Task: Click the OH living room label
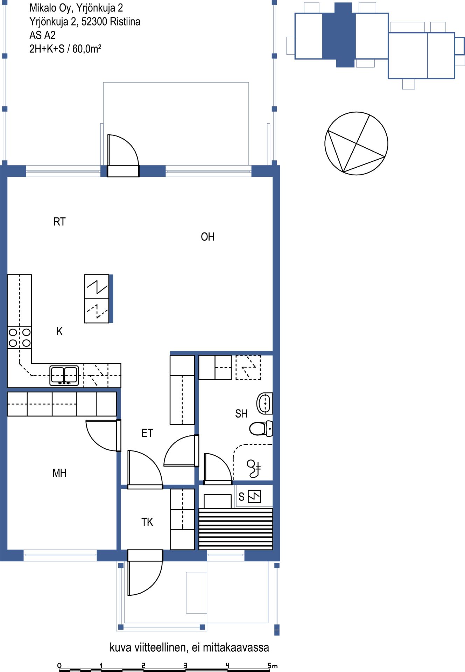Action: tap(207, 237)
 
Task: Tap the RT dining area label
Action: tap(59, 222)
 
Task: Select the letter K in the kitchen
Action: tap(59, 331)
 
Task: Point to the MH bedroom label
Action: tap(59, 473)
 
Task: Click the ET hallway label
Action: tap(147, 433)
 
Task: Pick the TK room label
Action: tap(147, 522)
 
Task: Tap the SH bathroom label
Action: tap(241, 414)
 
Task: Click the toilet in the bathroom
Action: tap(261, 428)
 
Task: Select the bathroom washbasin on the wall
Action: tap(265, 403)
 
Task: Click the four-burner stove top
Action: tap(20, 337)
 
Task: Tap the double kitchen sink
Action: tap(64, 375)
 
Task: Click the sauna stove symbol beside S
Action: tap(254, 496)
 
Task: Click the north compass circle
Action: tap(356, 143)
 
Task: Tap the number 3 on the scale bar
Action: tap(185, 665)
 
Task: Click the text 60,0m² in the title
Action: tap(87, 49)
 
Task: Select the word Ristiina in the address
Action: tap(125, 22)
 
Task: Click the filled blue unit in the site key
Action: tap(339, 35)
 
